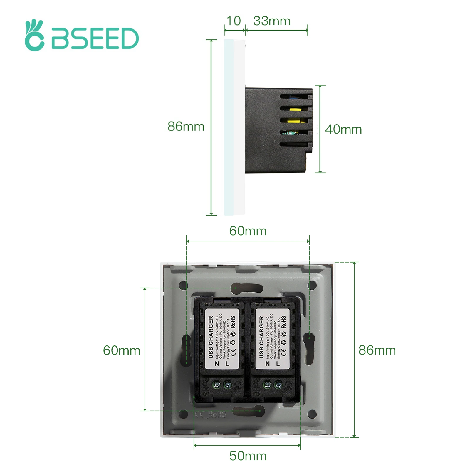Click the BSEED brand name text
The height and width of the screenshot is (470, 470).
point(95,38)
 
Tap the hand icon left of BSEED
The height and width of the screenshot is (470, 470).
point(34,36)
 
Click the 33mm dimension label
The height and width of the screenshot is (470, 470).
point(272,21)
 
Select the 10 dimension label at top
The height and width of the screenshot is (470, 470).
point(234,21)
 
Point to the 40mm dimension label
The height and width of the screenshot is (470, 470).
point(343,130)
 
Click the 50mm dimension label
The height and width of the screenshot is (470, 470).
point(248,456)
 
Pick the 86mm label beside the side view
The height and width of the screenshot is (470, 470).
point(186,126)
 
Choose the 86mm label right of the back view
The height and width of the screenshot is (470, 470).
point(377,350)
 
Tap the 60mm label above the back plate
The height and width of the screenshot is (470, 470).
point(248,231)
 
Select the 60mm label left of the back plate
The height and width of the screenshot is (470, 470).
point(122,350)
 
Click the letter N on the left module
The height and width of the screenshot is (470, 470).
point(217,364)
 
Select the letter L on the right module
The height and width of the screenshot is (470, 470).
point(278,364)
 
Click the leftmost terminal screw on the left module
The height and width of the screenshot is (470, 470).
point(217,385)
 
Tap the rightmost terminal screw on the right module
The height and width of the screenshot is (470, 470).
point(278,385)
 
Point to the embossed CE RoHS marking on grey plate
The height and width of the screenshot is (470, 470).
point(211,414)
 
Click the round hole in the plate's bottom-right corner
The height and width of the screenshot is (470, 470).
point(312,414)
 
